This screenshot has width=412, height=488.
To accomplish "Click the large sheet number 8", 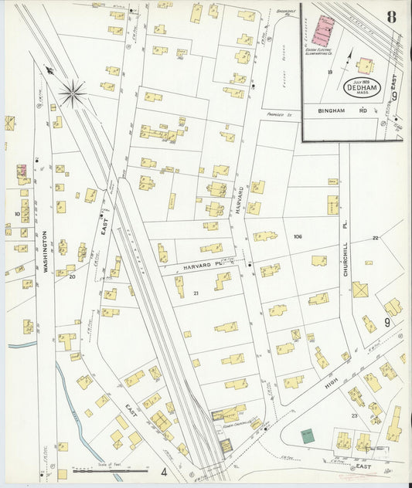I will click(x=393, y=17).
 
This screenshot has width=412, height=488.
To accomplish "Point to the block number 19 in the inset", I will click(x=329, y=72).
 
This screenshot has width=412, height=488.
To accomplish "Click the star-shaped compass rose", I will click(x=73, y=93).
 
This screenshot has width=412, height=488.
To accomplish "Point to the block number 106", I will click(x=298, y=236).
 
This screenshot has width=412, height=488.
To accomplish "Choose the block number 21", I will click(x=196, y=293).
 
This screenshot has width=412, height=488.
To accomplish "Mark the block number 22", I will click(x=375, y=238).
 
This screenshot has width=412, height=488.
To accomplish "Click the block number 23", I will click(x=354, y=415).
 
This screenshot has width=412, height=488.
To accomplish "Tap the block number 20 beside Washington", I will click(x=73, y=275).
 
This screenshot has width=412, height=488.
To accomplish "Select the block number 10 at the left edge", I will click(x=16, y=214).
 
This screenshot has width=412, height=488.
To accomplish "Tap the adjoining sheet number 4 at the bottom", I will click(x=164, y=470).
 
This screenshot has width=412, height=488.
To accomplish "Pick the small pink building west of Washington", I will click(x=22, y=169).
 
